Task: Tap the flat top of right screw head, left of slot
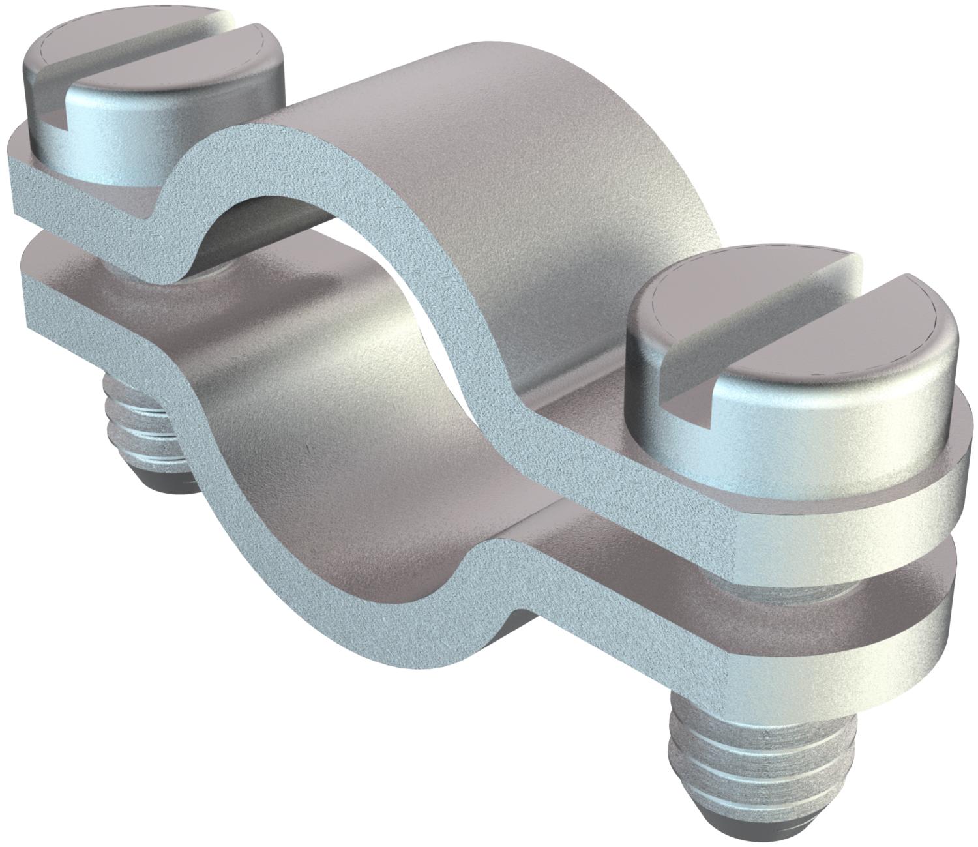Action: (x=698, y=306)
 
